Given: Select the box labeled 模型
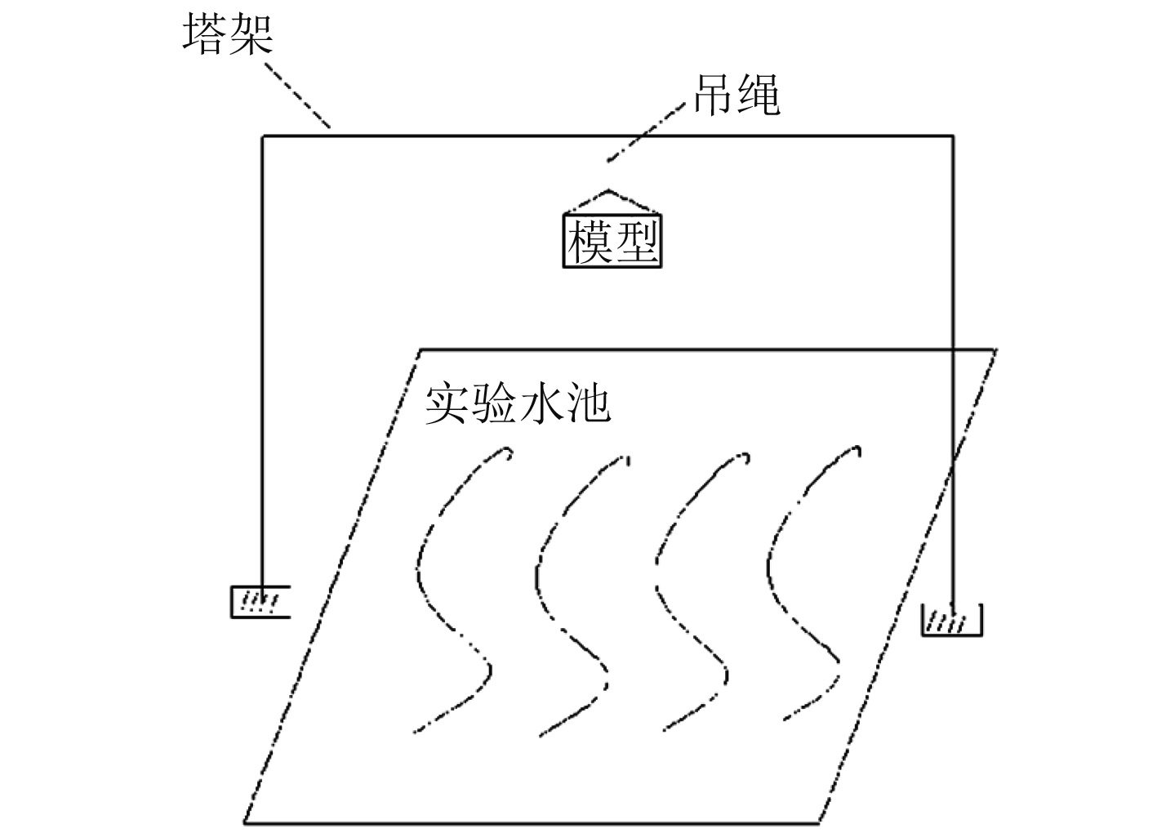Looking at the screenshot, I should [612, 240].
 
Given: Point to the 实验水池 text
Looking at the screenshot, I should [518, 403].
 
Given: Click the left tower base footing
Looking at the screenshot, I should [259, 602].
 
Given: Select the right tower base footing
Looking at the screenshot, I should [951, 620].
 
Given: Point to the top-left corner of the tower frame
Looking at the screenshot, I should [262, 136].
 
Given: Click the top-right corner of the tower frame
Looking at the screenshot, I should [953, 136].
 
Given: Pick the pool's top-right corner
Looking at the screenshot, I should [995, 350].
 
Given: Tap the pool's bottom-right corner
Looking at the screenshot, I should [820, 821].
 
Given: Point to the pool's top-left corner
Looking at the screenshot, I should [421, 350].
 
